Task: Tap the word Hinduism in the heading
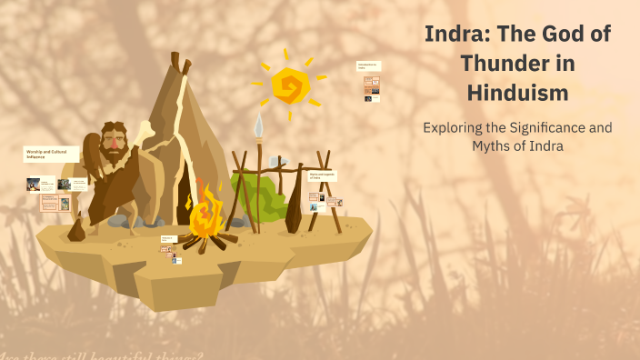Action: tap(517, 92)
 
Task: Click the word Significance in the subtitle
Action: tap(545, 127)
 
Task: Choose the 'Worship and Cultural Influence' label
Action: tap(47, 154)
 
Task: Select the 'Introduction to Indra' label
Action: tap(368, 66)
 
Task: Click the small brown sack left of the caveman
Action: tap(76, 229)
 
